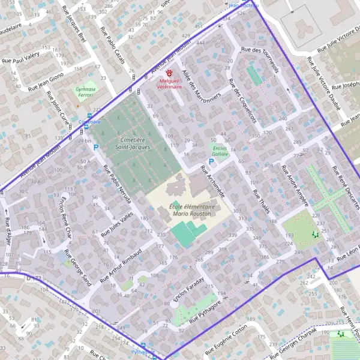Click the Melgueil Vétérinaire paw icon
click(x=169, y=72)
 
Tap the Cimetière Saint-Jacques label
click(x=131, y=143)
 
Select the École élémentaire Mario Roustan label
click(x=188, y=210)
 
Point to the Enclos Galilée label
click(x=220, y=151)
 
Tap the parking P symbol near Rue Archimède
click(x=211, y=161)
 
